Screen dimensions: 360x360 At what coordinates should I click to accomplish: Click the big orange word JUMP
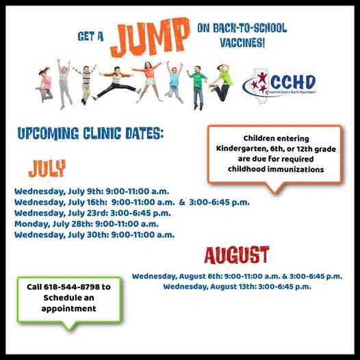click(x=151, y=37)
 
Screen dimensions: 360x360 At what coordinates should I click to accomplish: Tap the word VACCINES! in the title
click(x=242, y=42)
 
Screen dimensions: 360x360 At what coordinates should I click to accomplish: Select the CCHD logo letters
click(x=294, y=82)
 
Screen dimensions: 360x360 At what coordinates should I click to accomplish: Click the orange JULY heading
click(x=47, y=168)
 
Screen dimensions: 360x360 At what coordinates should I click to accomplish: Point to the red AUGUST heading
click(x=237, y=255)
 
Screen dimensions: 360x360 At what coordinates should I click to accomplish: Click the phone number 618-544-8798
click(x=72, y=287)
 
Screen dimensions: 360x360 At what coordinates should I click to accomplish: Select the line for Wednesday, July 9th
click(x=92, y=192)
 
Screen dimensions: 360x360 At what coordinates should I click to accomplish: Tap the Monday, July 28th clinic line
click(x=86, y=224)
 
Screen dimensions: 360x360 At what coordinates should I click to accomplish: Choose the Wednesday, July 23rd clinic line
click(x=92, y=213)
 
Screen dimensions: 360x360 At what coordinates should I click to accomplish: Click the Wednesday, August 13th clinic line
click(x=237, y=287)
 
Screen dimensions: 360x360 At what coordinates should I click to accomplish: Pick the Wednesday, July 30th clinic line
click(x=94, y=235)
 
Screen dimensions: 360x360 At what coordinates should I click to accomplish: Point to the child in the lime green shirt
click(x=221, y=82)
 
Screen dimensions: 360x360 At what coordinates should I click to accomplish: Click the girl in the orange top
click(x=149, y=81)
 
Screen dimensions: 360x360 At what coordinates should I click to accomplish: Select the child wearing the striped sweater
click(x=86, y=84)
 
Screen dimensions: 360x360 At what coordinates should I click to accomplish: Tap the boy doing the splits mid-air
click(x=116, y=83)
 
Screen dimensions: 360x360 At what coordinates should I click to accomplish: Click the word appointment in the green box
click(x=68, y=309)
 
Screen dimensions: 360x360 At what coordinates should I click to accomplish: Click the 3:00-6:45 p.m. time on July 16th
click(x=219, y=203)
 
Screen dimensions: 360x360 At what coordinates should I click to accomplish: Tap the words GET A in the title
click(x=90, y=36)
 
